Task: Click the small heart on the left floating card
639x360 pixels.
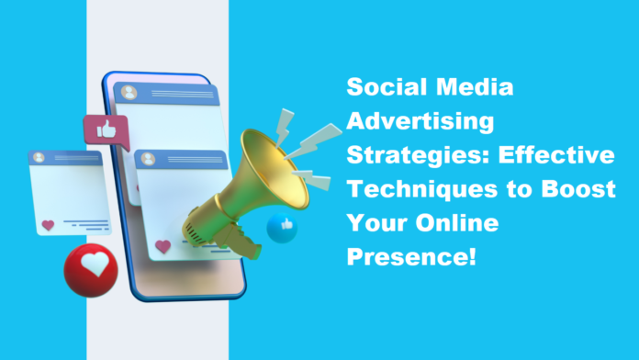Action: coord(48,223)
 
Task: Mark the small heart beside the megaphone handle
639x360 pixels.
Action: coord(164,246)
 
